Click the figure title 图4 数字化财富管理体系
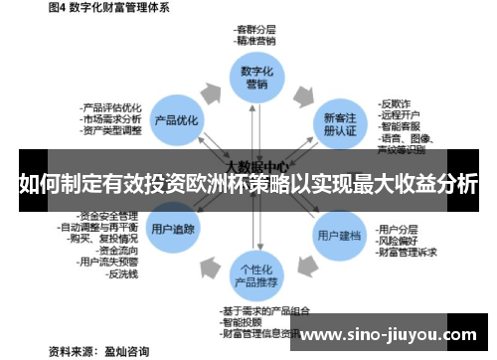point(93,8)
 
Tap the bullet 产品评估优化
point(110,107)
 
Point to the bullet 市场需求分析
point(110,119)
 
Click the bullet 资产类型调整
point(110,130)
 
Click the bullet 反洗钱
point(123,273)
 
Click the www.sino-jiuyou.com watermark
point(392,334)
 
